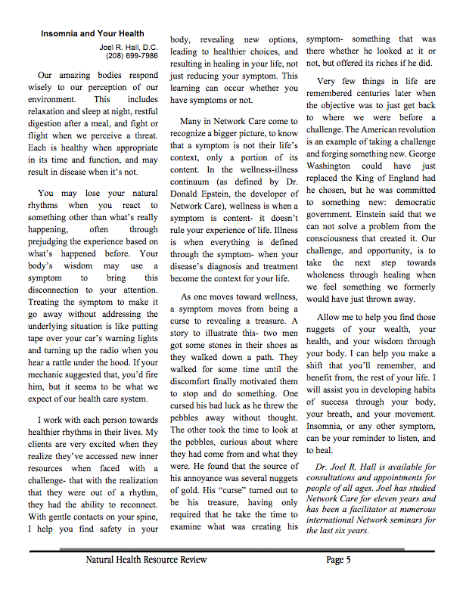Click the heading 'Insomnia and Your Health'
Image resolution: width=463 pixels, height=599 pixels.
pyautogui.click(x=92, y=34)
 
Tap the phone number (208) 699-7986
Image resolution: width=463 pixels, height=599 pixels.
pyautogui.click(x=132, y=56)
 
